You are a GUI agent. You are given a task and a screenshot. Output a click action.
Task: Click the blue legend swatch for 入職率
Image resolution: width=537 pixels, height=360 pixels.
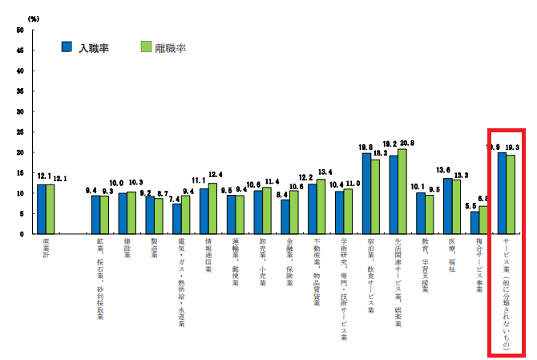[x=67, y=47]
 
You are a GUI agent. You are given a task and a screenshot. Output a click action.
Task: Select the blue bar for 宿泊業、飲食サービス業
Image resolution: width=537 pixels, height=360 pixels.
[x=366, y=193]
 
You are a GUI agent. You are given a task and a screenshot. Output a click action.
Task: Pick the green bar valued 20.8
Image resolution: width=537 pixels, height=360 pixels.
[x=402, y=191]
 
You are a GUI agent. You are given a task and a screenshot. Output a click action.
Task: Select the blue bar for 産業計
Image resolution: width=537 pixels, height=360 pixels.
[x=42, y=208]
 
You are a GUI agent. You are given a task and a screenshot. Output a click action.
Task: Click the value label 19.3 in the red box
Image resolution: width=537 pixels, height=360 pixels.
[x=515, y=148]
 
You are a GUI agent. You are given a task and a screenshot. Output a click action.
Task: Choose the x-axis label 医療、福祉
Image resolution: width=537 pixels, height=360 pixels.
[x=451, y=257]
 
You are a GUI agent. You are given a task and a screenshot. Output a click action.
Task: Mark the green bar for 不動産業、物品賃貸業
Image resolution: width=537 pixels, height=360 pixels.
[x=321, y=206]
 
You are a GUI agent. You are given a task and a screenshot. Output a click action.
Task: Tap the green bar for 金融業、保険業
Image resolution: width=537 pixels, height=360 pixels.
[x=293, y=212]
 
